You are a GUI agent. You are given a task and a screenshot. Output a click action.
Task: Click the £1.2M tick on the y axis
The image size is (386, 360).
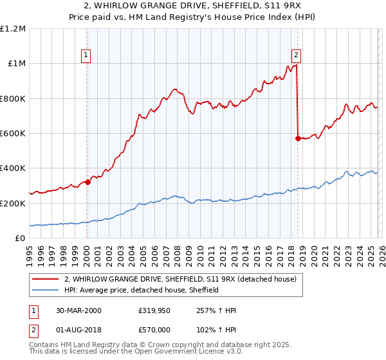[13, 29]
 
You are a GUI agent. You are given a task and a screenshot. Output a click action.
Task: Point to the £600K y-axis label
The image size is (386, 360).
[13, 134]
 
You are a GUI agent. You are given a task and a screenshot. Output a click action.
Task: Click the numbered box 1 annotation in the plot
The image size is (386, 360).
[87, 56]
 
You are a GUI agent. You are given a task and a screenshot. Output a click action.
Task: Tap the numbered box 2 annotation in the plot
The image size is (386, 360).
[297, 56]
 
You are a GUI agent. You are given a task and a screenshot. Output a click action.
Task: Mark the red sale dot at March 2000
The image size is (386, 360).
[88, 182]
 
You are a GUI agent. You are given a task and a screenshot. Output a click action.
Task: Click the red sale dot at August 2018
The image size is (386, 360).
[298, 138]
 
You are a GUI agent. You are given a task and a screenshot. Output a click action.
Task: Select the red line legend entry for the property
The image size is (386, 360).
[180, 280]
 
